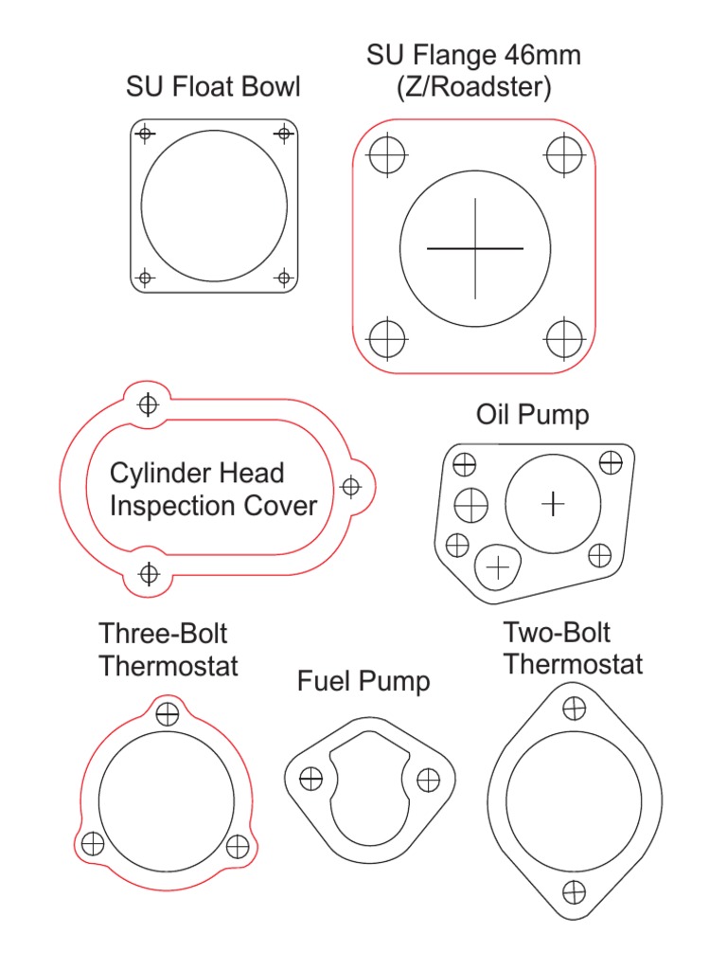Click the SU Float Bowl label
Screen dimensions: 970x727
[213, 87]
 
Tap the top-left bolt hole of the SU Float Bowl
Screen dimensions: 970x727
[144, 134]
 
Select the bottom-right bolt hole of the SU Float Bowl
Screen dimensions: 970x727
[282, 278]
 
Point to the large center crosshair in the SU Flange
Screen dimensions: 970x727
[475, 248]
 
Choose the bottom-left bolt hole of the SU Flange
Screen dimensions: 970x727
[386, 338]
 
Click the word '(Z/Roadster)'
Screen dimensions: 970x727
[474, 87]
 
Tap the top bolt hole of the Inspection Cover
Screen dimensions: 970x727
[148, 405]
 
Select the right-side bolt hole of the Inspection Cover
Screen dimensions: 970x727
[351, 487]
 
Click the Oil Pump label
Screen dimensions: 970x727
[532, 415]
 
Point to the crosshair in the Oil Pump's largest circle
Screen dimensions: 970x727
[553, 504]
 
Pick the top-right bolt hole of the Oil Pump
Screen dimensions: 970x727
[611, 463]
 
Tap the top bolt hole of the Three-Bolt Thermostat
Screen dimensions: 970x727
[168, 713]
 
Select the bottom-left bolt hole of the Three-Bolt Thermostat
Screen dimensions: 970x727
[93, 843]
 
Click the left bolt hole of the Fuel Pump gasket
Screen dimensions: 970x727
[310, 780]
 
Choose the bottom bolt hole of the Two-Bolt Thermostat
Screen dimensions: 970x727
[574, 891]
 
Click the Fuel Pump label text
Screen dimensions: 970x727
[363, 681]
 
